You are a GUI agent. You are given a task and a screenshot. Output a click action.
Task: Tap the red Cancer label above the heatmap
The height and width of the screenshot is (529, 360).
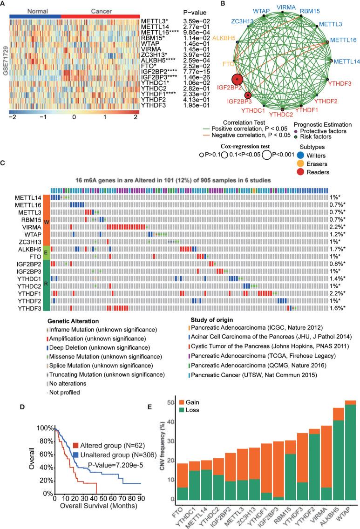94,10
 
